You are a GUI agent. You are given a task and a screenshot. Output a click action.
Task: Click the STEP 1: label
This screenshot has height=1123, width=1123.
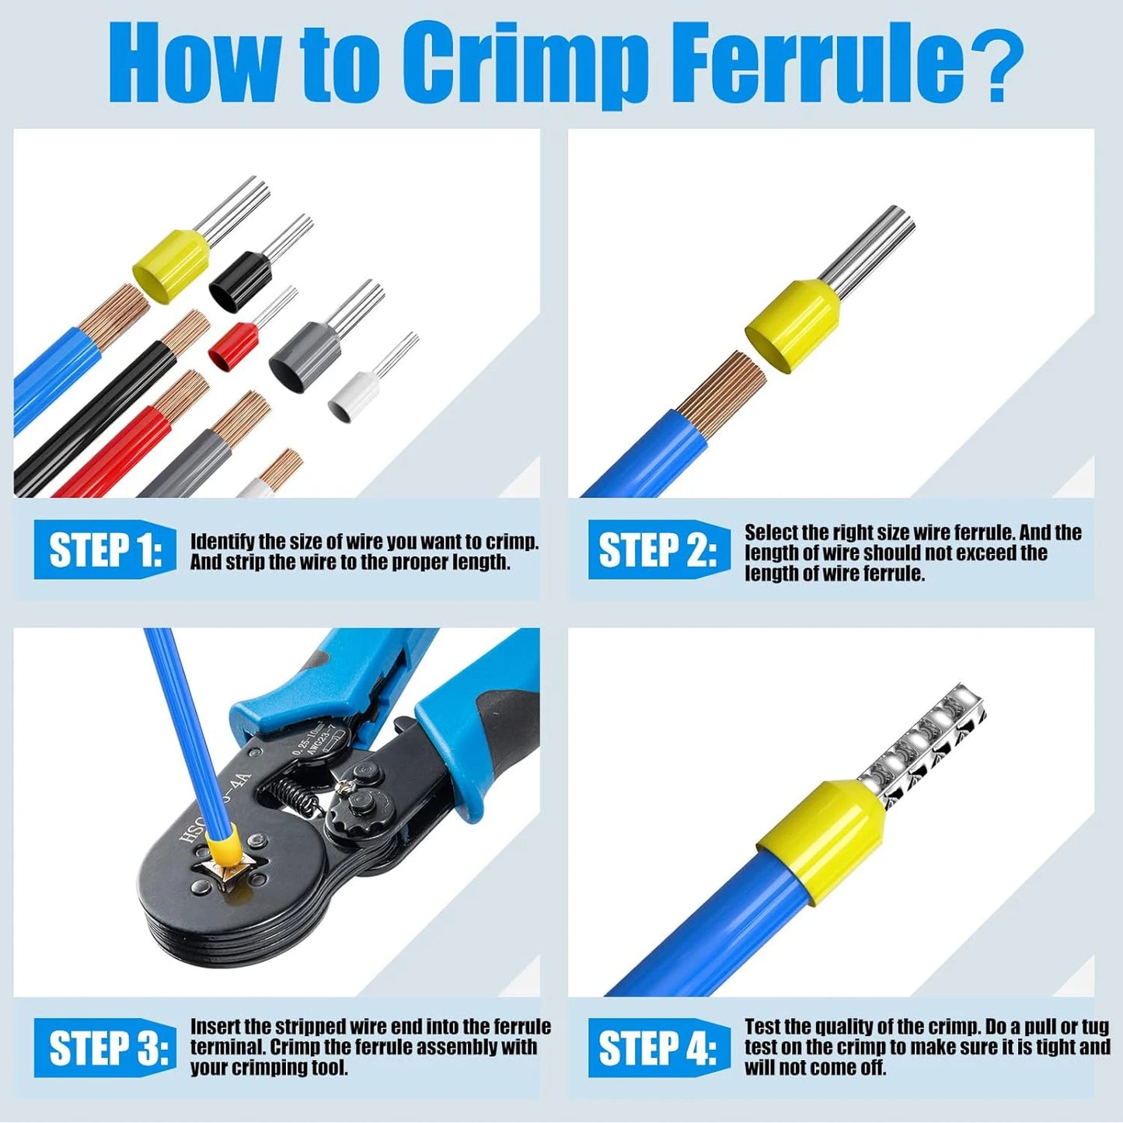pyautogui.click(x=105, y=551)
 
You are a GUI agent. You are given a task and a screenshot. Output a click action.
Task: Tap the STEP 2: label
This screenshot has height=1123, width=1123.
pyautogui.click(x=658, y=551)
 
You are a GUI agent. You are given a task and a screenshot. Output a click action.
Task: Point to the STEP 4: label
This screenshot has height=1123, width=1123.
pyautogui.click(x=658, y=1048)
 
